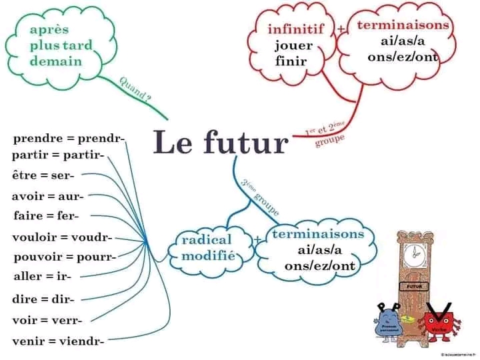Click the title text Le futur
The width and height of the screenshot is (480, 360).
(221, 142)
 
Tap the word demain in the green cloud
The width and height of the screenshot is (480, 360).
(56, 61)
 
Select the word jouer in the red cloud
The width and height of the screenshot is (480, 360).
(293, 46)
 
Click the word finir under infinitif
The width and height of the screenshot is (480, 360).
(291, 61)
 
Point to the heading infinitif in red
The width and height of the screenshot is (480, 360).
(295, 29)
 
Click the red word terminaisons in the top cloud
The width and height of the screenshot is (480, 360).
(403, 25)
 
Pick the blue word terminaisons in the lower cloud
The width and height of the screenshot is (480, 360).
(318, 234)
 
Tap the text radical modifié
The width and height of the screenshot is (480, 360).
(206, 247)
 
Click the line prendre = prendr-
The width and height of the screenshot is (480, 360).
(69, 139)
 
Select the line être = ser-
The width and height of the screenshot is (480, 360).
(43, 175)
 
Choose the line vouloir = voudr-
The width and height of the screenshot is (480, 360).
(61, 237)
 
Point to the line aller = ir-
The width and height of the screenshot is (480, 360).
(42, 276)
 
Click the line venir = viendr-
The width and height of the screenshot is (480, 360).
(57, 342)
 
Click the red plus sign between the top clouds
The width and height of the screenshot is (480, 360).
(341, 29)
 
